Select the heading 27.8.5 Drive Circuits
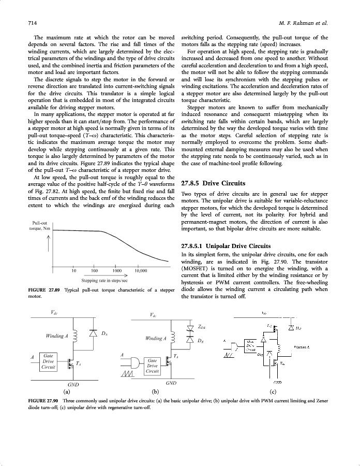point(213,183)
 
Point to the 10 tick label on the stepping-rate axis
point(74,270)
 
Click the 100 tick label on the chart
point(95,270)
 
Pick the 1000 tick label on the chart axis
point(117,270)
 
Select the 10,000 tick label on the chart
point(141,270)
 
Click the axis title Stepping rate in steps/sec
point(104,280)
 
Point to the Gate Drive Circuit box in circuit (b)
point(152,365)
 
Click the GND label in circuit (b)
point(171,382)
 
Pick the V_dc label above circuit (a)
point(55,312)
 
